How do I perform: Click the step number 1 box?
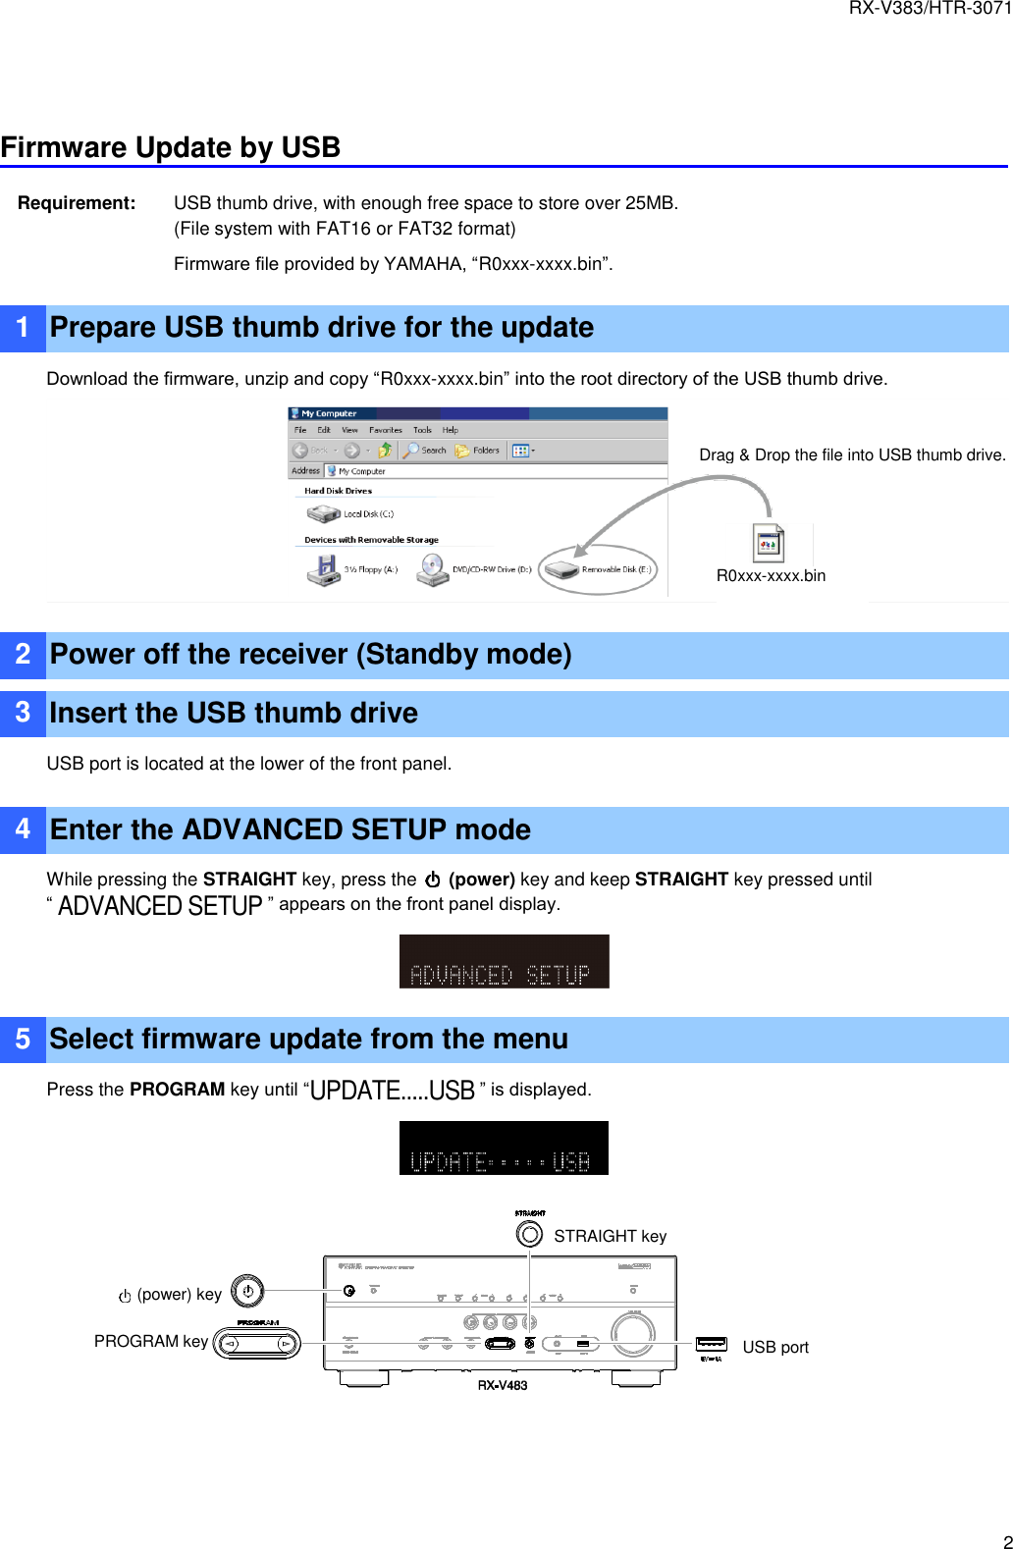[23, 328]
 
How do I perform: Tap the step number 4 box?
[23, 829]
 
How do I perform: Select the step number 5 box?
[23, 1040]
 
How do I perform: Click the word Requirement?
[77, 203]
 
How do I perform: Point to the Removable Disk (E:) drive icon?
[561, 569]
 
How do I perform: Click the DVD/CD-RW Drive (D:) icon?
[432, 569]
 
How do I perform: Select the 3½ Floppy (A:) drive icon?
[322, 569]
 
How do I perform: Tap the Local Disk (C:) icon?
[323, 513]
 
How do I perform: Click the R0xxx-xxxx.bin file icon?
[769, 543]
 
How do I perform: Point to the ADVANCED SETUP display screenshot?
[504, 961]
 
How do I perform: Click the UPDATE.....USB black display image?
[504, 1148]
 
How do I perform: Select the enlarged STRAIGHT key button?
[529, 1234]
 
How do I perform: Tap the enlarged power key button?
[247, 1292]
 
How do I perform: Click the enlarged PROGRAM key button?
[257, 1343]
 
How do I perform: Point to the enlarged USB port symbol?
[712, 1344]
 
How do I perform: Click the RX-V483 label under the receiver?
[503, 1385]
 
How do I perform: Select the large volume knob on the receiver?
[633, 1331]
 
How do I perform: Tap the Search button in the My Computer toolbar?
[424, 451]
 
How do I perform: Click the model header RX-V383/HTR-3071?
[930, 9]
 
